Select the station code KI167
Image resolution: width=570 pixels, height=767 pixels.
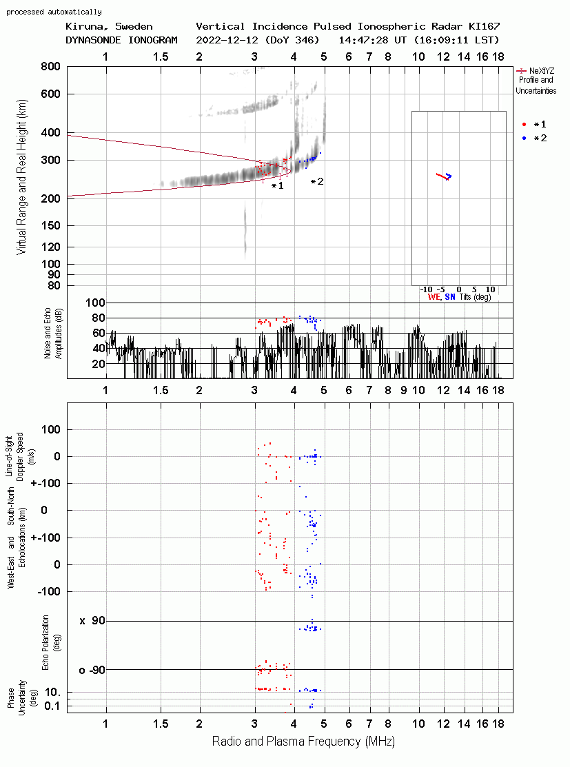point(485,26)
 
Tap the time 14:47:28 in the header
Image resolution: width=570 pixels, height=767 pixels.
point(363,40)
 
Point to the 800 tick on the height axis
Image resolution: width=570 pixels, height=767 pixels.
point(50,67)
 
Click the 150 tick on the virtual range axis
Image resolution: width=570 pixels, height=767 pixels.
point(50,226)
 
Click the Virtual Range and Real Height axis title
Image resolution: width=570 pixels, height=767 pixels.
point(21,177)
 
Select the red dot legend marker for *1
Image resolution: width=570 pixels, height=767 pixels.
point(524,125)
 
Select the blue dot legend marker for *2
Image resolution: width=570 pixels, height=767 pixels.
point(524,139)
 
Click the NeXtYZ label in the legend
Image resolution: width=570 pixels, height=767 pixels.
point(542,71)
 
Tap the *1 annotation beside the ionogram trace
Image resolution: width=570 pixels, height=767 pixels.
point(277,186)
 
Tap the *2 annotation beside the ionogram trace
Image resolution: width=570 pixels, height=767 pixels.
point(317,181)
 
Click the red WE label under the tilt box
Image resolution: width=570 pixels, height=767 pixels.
point(434,297)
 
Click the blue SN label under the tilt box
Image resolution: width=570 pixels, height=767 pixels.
point(450,297)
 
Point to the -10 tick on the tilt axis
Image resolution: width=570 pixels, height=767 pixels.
point(427,289)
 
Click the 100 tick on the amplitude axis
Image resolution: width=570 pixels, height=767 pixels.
point(95,303)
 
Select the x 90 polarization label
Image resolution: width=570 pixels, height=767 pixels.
point(92,621)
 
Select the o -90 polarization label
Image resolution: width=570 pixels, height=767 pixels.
point(92,670)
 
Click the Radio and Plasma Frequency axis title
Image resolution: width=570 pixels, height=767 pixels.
point(303,742)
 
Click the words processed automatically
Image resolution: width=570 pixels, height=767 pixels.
point(54,12)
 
